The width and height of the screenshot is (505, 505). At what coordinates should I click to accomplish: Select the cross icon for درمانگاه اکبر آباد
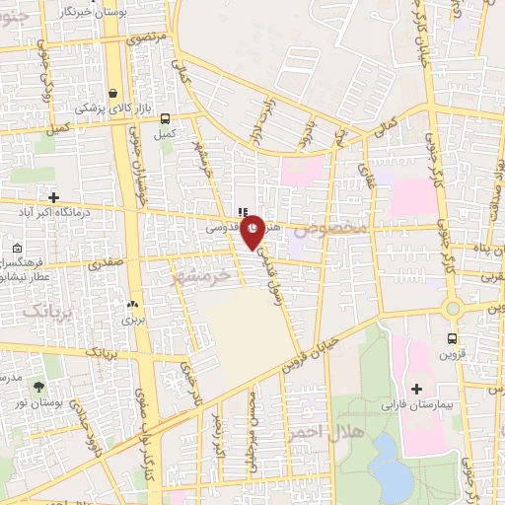[x=53, y=196]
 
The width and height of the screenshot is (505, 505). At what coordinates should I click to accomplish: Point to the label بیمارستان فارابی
[x=417, y=404]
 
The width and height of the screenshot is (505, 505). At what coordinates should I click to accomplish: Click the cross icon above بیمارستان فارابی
[x=416, y=389]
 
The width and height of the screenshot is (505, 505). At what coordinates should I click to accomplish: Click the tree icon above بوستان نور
[x=38, y=388]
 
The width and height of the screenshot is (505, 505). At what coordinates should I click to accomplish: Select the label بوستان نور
[x=40, y=404]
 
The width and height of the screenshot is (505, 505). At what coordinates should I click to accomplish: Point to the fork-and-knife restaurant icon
[x=242, y=212]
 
